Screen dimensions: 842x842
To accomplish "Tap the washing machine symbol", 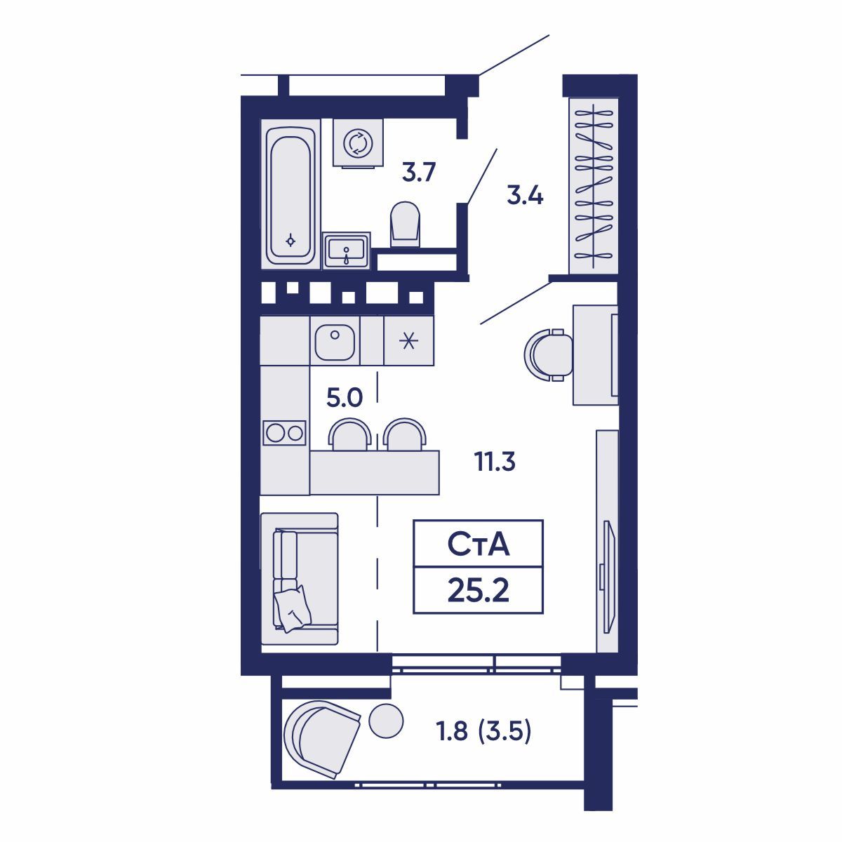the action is click(x=358, y=143).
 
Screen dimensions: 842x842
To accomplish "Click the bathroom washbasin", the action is click(x=346, y=250).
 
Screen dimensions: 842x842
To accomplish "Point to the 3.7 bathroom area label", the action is click(x=419, y=173).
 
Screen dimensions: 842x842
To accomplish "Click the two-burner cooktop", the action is click(x=284, y=433).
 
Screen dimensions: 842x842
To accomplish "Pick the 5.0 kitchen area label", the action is click(x=345, y=398).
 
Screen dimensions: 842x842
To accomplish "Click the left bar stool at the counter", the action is click(x=349, y=434).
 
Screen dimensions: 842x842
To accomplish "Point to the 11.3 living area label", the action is click(x=495, y=462).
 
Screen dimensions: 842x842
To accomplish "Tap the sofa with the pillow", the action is click(x=300, y=580).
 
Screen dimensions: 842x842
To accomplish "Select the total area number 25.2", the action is click(x=479, y=591).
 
